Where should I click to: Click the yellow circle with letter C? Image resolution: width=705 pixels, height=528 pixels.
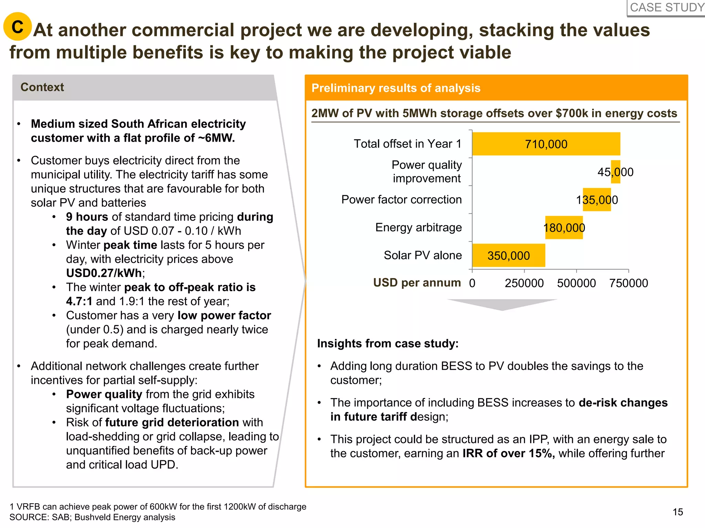pos(18,26)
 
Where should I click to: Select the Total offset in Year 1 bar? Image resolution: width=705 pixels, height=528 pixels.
pos(546,144)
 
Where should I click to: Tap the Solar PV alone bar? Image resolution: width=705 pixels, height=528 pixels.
pos(508,255)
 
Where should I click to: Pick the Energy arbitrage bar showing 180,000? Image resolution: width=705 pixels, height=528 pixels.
pos(564,228)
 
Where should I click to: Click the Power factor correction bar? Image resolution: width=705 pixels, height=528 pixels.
pos(597,200)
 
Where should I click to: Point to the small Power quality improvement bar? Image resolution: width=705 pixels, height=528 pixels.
pos(615,172)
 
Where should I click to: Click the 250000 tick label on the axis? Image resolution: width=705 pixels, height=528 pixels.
pos(524,283)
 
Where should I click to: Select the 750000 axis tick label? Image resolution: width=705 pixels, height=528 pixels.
pos(628,283)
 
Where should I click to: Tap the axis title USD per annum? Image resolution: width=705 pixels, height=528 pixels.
pos(417,283)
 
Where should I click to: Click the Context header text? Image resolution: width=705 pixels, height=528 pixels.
pos(42,87)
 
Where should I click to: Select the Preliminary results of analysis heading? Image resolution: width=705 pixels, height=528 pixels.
pos(396,88)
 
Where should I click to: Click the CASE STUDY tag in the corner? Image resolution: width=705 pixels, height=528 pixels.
pos(667,8)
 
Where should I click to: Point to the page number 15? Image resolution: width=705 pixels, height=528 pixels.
pos(677,512)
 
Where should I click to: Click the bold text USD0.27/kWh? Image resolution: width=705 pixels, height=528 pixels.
pos(104,273)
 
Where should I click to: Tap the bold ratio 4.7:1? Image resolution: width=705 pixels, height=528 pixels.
pos(79,301)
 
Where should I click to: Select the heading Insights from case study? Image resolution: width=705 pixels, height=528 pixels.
pos(388,343)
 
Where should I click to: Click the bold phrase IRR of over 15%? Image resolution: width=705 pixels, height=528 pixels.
pos(508,453)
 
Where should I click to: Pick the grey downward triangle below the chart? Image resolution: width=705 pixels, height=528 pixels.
pos(502,304)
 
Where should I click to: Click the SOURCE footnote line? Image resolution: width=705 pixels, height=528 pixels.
pos(92,517)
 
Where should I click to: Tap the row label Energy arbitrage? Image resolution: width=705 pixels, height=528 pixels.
pos(418,228)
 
